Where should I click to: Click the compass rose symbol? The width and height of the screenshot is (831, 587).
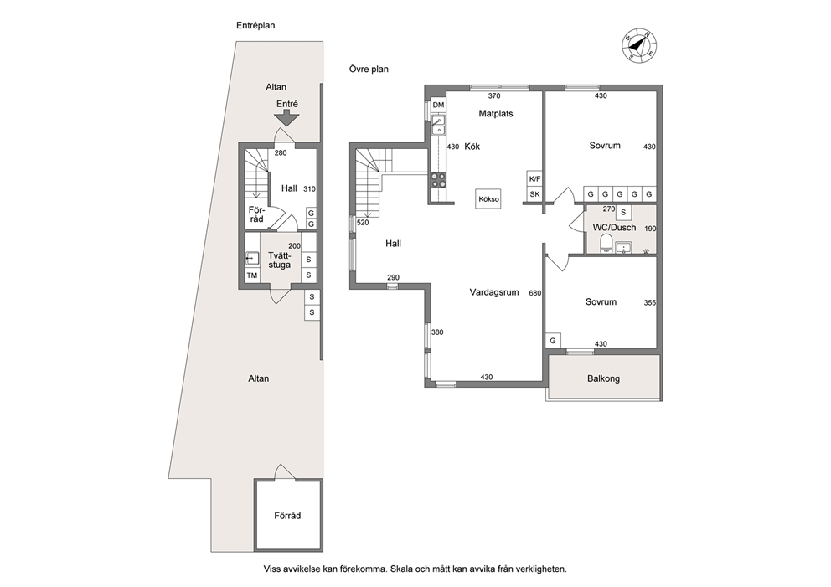tap(638, 44)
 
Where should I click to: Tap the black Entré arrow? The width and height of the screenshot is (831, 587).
tap(286, 117)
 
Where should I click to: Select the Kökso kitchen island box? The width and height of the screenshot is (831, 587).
tap(488, 199)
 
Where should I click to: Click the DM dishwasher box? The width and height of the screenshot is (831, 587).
tap(438, 105)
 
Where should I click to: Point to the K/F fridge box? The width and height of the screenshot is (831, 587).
tap(534, 179)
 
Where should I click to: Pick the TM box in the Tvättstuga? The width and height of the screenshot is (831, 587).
tap(252, 275)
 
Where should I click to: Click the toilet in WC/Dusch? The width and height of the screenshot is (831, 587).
tap(605, 245)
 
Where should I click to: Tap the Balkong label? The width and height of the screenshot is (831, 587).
tap(603, 378)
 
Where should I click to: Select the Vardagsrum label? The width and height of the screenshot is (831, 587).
tap(494, 292)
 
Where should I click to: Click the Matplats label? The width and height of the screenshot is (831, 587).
tap(496, 113)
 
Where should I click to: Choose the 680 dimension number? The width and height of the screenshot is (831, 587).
tap(534, 292)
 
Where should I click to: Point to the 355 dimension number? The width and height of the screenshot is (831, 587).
tap(650, 302)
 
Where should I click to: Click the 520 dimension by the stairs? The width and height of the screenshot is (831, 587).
tap(363, 223)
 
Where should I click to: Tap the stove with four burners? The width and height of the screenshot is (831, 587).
tap(438, 180)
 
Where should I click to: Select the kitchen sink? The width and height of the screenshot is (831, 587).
tap(438, 126)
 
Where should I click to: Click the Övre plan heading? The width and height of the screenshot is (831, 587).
tap(369, 69)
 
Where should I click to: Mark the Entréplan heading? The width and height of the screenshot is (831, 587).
tap(255, 25)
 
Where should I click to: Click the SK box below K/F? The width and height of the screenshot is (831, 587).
tap(534, 194)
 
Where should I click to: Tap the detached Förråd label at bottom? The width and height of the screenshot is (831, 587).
tap(287, 516)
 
